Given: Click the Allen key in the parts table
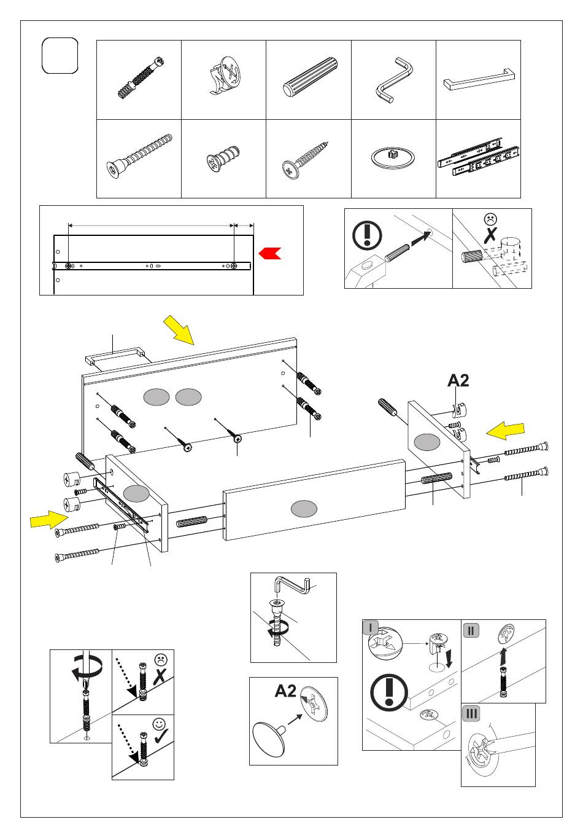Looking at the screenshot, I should tap(393, 80).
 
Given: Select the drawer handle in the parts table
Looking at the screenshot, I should tap(478, 80).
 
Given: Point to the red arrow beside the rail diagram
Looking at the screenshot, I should tap(269, 253).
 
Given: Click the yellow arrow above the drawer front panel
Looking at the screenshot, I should tap(179, 329).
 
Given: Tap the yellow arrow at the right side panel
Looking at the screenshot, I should tap(506, 431).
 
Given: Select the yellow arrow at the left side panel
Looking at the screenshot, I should tap(49, 520).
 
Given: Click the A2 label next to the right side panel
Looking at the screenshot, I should tap(458, 381).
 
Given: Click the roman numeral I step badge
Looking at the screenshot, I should tap(371, 628).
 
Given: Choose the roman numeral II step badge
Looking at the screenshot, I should tap(471, 630).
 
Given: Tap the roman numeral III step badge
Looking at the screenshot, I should tap(471, 714).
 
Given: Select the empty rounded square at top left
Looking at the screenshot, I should tap(60, 55).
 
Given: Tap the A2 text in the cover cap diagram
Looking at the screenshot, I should tap(285, 691).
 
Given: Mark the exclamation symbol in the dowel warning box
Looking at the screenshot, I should tap(367, 236).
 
